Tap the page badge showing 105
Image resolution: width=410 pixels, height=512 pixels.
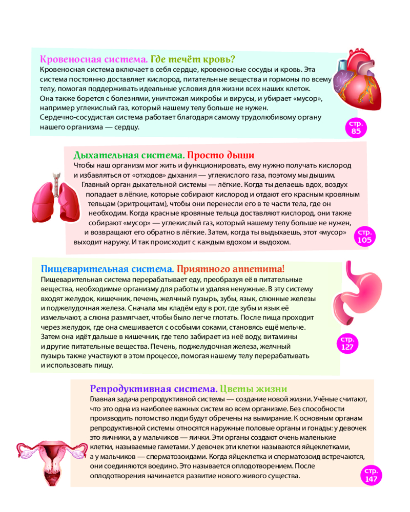(365, 236)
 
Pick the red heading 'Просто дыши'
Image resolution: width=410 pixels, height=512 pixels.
(220, 155)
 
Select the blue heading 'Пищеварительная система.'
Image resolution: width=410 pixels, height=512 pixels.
(107, 269)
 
